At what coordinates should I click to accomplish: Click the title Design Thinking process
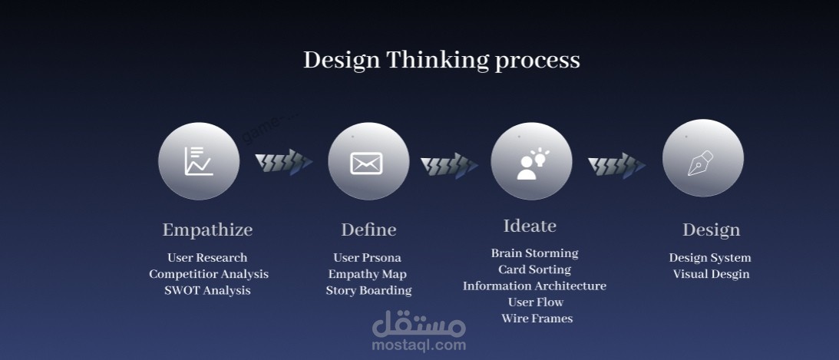pos(441,60)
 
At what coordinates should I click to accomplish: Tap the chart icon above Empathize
pos(199,161)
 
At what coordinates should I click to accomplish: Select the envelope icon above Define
pos(366,163)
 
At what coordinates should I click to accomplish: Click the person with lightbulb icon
pos(533,163)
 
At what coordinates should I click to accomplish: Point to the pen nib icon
pos(700,163)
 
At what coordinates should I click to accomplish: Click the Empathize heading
pos(207,230)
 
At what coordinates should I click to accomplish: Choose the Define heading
pos(368,230)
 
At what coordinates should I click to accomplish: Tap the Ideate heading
pos(530,226)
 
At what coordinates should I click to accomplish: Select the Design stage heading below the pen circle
pos(711,230)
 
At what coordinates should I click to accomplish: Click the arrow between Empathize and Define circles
pos(283,161)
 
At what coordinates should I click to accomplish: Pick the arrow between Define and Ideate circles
pos(449,165)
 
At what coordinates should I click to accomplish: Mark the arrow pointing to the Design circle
pos(616,165)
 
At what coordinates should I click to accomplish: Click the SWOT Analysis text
pos(207,290)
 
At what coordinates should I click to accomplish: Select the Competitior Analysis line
pos(209,274)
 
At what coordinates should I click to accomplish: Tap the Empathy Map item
pos(368,274)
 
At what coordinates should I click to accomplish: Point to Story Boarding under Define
pos(368,291)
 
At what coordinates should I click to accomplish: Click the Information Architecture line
pos(534,286)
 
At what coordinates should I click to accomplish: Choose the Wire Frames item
pos(537,319)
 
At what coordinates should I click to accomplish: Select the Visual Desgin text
pos(711,274)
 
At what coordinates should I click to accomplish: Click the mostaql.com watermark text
pos(419,345)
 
